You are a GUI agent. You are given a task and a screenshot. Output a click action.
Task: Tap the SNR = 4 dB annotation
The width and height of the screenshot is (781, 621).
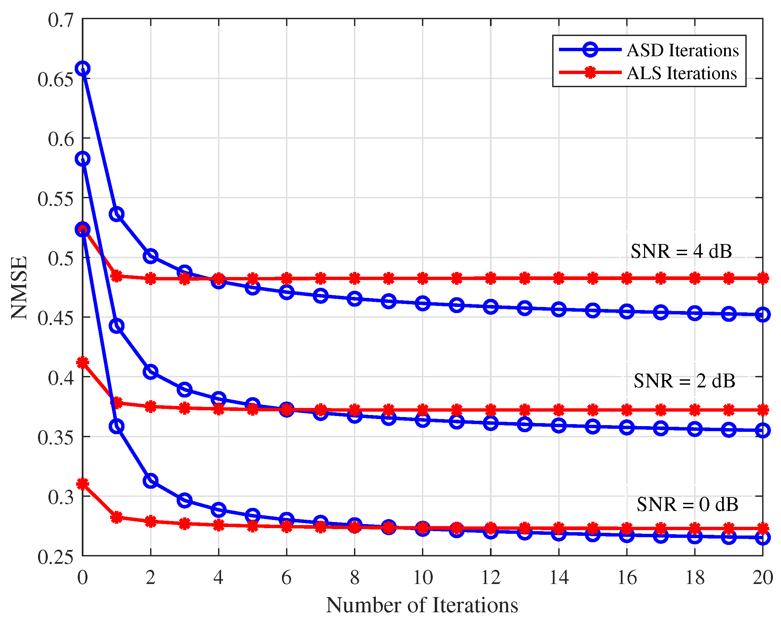[681, 251]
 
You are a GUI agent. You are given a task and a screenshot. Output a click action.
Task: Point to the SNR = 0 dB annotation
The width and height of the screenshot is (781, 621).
[687, 504]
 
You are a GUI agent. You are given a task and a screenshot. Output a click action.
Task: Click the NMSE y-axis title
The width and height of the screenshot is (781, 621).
[19, 288]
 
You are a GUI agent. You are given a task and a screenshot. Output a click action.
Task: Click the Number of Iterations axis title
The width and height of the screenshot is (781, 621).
[422, 605]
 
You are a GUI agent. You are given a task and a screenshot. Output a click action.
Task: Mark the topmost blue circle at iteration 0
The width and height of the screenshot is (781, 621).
[82, 68]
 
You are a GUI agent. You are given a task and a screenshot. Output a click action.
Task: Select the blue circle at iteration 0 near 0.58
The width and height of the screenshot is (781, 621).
[82, 159]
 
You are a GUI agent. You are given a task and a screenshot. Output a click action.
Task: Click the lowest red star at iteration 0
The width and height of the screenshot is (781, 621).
[82, 484]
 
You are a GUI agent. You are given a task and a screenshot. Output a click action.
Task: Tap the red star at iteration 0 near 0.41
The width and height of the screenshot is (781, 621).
[82, 362]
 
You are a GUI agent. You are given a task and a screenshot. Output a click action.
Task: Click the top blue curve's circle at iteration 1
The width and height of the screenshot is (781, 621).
[117, 214]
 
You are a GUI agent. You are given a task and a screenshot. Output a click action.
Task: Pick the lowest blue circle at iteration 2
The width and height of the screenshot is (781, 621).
[150, 481]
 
